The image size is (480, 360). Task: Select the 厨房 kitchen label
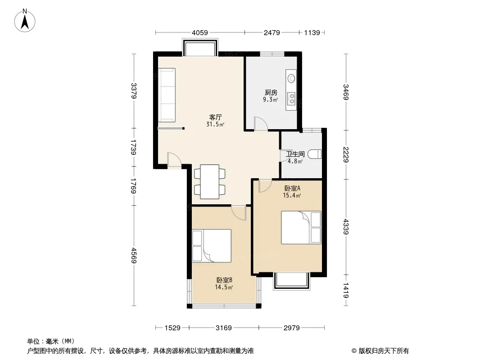pos(271,93)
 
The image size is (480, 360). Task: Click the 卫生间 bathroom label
pos(295,153)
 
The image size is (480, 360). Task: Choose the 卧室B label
pos(224,280)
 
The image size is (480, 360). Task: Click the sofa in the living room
pos(167,94)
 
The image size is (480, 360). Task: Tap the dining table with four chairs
pos(209,182)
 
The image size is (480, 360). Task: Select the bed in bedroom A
pos(301,228)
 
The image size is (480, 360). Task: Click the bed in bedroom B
pos(211,246)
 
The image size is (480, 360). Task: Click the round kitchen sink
pos(291,78)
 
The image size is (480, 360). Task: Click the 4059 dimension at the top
pos(199,32)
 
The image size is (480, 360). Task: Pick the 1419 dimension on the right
pos(346,290)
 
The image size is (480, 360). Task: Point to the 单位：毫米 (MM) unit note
pos(51,341)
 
